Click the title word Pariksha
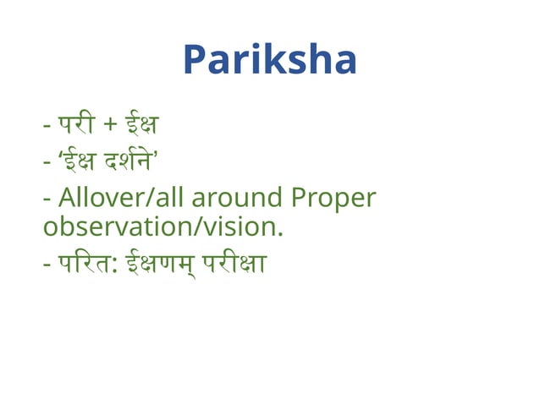[269, 60]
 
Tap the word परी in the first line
[78, 126]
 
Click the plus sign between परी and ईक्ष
[111, 127]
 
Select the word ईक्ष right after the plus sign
[141, 126]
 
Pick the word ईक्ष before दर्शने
[82, 161]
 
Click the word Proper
[333, 199]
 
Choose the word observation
[118, 228]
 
